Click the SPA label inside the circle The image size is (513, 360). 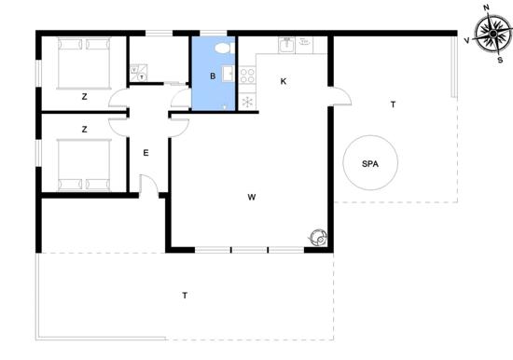pyautogui.click(x=370, y=163)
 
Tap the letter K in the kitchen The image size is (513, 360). pyautogui.click(x=284, y=81)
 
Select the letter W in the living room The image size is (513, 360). pyautogui.click(x=251, y=197)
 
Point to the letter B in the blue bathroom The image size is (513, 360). pyautogui.click(x=213, y=76)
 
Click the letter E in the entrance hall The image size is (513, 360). pyautogui.click(x=146, y=153)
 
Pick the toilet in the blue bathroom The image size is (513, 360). pyautogui.click(x=224, y=48)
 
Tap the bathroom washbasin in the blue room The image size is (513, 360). pyautogui.click(x=228, y=74)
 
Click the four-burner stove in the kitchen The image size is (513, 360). pyautogui.click(x=247, y=76)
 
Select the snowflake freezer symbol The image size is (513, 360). pyautogui.click(x=247, y=102)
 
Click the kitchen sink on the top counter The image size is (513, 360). pyautogui.click(x=286, y=45)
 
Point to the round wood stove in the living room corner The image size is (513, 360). pyautogui.click(x=318, y=237)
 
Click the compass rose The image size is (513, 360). pyautogui.click(x=493, y=34)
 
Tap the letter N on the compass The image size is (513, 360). pyautogui.click(x=486, y=7)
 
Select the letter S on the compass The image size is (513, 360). pyautogui.click(x=500, y=61)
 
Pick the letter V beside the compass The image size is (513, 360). pyautogui.click(x=467, y=40)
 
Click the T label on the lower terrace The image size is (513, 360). pyautogui.click(x=185, y=296)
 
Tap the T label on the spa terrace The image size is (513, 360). pyautogui.click(x=393, y=104)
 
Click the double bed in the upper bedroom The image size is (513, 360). pyautogui.click(x=84, y=62)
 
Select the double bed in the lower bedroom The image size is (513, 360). pyautogui.click(x=84, y=165)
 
